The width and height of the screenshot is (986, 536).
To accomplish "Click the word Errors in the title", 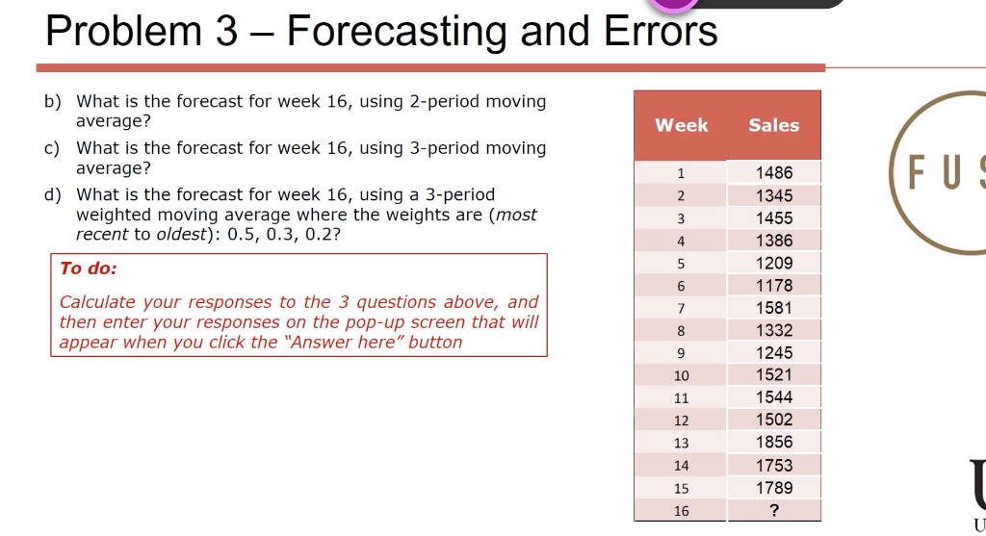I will (661, 31).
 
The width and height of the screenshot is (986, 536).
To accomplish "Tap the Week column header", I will (681, 125).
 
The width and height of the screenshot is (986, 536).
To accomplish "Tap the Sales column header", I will (774, 125).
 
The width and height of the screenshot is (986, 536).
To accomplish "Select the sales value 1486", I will (774, 173).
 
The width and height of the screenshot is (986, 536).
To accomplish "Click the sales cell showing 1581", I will (774, 308).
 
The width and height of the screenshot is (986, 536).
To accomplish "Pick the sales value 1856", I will (774, 443).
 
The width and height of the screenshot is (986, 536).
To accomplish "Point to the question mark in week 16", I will (774, 511).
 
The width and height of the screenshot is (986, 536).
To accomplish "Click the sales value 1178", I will (774, 286).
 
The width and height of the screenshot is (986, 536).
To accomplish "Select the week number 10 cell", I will (681, 375).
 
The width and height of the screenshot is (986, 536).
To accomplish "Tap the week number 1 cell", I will (681, 174).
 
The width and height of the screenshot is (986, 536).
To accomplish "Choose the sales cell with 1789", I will (774, 488).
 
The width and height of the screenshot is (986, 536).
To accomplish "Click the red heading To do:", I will (89, 268).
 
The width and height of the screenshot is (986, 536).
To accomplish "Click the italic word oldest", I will (170, 235).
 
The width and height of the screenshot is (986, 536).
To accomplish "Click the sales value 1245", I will (774, 353).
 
